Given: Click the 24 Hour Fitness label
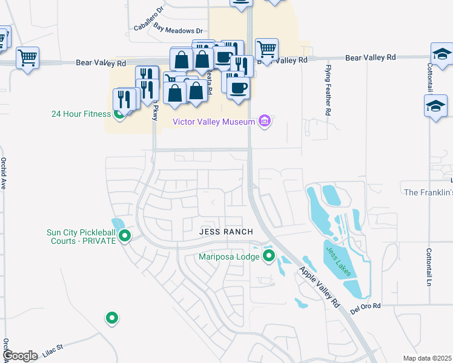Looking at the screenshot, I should (x=81, y=114).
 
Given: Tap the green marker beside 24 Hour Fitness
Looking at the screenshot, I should (x=120, y=113).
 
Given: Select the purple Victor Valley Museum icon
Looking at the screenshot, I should (x=264, y=122).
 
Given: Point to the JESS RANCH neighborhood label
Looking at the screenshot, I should (x=226, y=232).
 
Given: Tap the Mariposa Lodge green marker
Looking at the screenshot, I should (x=269, y=257).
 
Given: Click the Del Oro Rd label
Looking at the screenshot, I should (x=365, y=309).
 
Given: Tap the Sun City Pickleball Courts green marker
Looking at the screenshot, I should (x=125, y=236).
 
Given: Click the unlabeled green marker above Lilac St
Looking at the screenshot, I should (x=111, y=317).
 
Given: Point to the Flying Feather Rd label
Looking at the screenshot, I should (x=328, y=90).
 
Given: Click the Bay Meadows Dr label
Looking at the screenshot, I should (x=177, y=30).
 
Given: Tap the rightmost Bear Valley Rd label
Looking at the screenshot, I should (x=370, y=57).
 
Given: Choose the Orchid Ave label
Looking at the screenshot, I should (x=4, y=174).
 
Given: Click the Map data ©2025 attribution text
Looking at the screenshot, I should (x=427, y=358).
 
